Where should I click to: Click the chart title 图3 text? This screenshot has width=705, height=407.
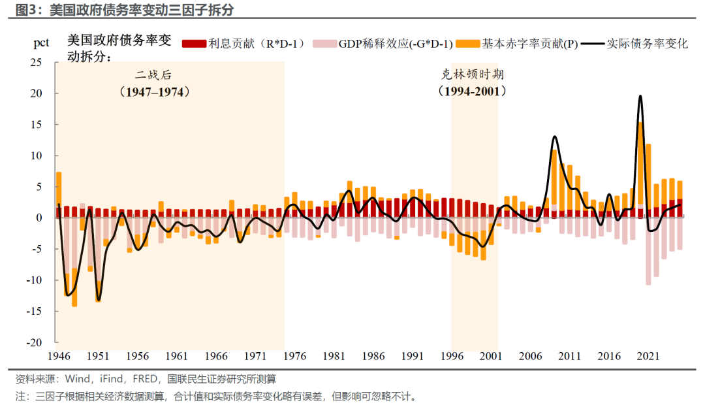pyautogui.click(x=28, y=9)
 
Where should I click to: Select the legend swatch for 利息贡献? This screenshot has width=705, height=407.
pyautogui.click(x=195, y=44)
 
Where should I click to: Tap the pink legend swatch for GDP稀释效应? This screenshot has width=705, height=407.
pyautogui.click(x=324, y=44)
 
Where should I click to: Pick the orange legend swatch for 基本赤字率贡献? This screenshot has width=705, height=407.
pyautogui.click(x=467, y=44)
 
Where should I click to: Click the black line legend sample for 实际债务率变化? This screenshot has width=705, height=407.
pyautogui.click(x=592, y=44)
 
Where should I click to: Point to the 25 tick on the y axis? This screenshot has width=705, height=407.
pyautogui.click(x=36, y=62)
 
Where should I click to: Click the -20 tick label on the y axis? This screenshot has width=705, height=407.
pyautogui.click(x=34, y=342)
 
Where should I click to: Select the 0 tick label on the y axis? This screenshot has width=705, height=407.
pyautogui.click(x=39, y=218)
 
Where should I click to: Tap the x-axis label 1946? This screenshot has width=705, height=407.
pyautogui.click(x=59, y=356)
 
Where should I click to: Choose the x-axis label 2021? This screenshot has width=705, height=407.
pyautogui.click(x=648, y=356)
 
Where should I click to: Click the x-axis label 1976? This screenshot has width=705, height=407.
pyautogui.click(x=294, y=356)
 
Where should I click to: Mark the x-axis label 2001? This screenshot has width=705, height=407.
pyautogui.click(x=490, y=356)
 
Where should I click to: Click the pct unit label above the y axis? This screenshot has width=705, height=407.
pyautogui.click(x=41, y=43)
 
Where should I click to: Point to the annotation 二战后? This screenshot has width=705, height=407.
pyautogui.click(x=154, y=74)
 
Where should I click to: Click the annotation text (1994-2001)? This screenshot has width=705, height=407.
pyautogui.click(x=472, y=91)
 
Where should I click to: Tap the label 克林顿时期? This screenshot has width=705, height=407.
pyautogui.click(x=472, y=74)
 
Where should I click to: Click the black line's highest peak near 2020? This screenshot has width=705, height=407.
pyautogui.click(x=640, y=96)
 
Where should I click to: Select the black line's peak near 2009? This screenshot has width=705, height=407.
pyautogui.click(x=555, y=137)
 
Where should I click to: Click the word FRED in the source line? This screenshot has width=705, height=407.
pyautogui.click(x=145, y=379)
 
